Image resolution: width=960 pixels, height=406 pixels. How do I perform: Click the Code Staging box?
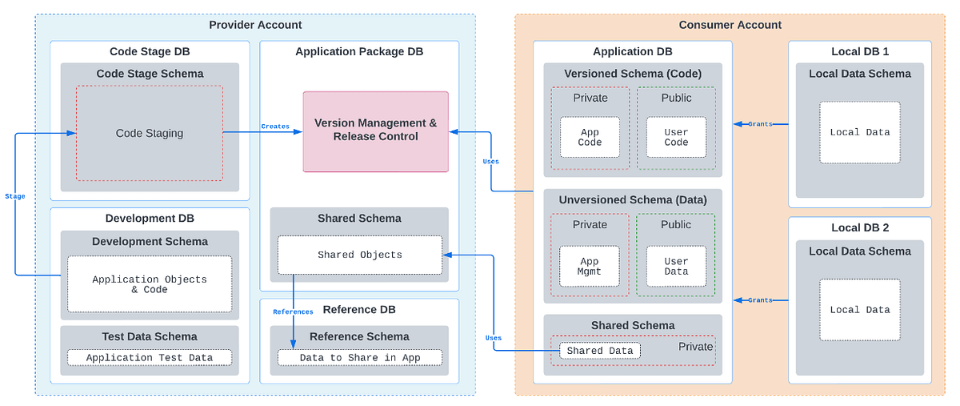(150, 134)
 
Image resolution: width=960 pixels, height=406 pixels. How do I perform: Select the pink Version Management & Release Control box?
(375, 131)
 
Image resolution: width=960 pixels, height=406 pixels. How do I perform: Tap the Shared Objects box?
(359, 255)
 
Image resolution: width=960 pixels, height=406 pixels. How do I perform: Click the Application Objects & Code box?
(150, 283)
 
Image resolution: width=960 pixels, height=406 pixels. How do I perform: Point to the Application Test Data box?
(150, 358)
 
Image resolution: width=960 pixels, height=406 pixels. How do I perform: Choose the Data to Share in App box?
(359, 358)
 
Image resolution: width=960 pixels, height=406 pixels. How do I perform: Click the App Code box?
(590, 138)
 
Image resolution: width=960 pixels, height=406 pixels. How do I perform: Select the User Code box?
(676, 138)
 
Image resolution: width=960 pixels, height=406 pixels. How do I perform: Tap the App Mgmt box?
(590, 266)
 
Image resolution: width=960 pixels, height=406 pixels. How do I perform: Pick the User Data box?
(676, 266)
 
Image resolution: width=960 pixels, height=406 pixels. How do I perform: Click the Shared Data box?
(599, 351)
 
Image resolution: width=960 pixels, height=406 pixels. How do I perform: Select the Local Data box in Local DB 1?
(860, 132)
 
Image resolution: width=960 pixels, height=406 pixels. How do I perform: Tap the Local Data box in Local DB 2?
(860, 310)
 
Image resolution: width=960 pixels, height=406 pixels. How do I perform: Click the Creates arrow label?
(275, 127)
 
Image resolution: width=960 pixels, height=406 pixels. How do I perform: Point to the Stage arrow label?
(14, 196)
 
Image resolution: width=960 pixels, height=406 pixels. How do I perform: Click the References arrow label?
(293, 312)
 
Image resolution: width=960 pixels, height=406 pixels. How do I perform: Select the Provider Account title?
(255, 25)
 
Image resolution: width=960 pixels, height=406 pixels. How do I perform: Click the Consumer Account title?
(730, 25)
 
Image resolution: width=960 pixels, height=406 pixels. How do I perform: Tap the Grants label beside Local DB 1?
(760, 124)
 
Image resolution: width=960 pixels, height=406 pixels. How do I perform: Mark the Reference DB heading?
(359, 310)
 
